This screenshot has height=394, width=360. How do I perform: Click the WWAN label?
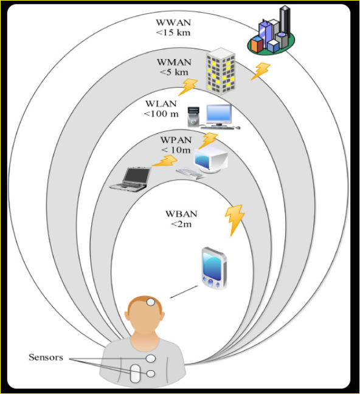pyautogui.click(x=173, y=22)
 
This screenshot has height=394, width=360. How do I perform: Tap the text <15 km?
pyautogui.click(x=173, y=33)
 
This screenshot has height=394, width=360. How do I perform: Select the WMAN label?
pyautogui.click(x=174, y=62)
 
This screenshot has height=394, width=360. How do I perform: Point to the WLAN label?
pyautogui.click(x=161, y=103)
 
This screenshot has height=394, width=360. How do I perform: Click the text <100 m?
pyautogui.click(x=161, y=114)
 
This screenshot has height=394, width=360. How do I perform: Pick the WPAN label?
pyautogui.click(x=176, y=140)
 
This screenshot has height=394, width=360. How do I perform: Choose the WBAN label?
pyautogui.click(x=181, y=214)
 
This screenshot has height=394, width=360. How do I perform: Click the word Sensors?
pyautogui.click(x=46, y=357)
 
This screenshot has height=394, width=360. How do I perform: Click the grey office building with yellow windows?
pyautogui.click(x=221, y=71)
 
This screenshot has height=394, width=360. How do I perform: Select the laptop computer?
pyautogui.click(x=131, y=179)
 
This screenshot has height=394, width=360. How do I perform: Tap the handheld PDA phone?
pyautogui.click(x=215, y=268)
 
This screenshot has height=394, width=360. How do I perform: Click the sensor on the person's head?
pyautogui.click(x=151, y=302)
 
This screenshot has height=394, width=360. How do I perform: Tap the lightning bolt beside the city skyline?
pyautogui.click(x=261, y=71)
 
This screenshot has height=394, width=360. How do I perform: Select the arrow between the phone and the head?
pyautogui.click(x=184, y=292)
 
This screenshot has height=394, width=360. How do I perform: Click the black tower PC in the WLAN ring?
pyautogui.click(x=193, y=117)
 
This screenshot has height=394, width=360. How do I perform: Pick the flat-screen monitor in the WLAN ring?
pyautogui.click(x=219, y=115)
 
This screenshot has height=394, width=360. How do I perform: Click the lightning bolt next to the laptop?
pyautogui.click(x=165, y=161)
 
